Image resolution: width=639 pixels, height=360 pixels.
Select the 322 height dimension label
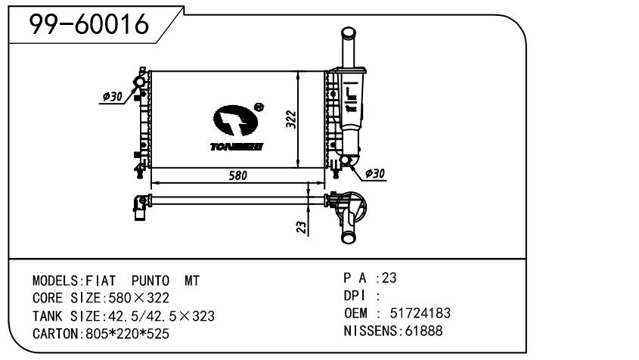coord(291,119)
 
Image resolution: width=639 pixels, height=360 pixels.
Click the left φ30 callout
coord(113,96)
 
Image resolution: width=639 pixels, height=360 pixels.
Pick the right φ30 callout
coord(374,173)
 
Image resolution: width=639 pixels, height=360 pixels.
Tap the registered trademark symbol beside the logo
coord(259,107)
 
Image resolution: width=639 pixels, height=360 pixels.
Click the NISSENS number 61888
coord(422,331)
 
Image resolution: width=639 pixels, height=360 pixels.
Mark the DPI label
coord(355,296)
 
